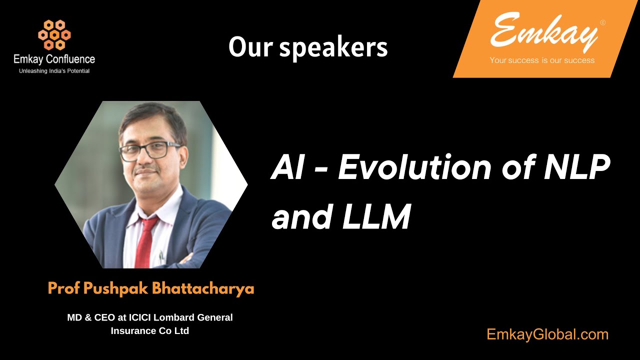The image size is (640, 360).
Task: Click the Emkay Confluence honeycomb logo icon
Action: click(54, 34)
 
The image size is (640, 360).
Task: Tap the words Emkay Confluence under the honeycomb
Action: click(54, 59)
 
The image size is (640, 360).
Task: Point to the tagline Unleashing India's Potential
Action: click(54, 71)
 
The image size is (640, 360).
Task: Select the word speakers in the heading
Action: click(333, 47)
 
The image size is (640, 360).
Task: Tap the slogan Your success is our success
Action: click(542, 60)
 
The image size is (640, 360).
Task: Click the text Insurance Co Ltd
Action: click(150, 331)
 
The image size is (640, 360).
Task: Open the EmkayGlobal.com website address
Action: click(547, 334)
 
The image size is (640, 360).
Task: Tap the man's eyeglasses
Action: click(149, 150)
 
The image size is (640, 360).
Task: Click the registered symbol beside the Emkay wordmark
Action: click(602, 22)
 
